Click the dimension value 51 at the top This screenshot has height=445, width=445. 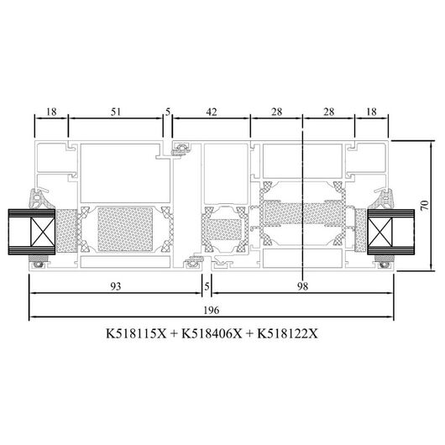point(116,112)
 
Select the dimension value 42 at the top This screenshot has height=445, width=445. point(212,112)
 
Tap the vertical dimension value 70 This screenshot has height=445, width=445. point(425,205)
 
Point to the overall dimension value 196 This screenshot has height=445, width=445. point(212,310)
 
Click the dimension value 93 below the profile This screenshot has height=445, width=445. point(116,286)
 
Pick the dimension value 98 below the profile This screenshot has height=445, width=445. point(303,286)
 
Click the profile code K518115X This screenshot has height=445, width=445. point(136,333)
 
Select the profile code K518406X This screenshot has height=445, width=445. point(212,333)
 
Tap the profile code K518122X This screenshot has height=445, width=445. point(287,333)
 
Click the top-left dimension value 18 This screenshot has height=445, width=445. point(51,112)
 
